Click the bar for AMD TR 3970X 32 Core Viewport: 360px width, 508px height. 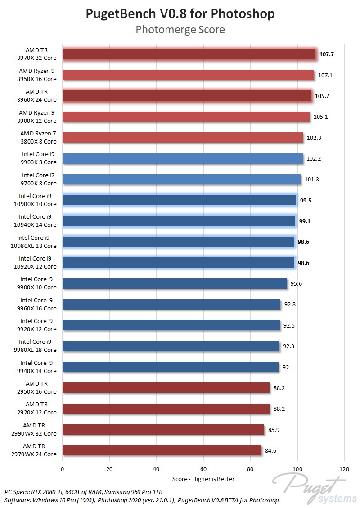189,54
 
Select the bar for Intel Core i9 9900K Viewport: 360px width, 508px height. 183,158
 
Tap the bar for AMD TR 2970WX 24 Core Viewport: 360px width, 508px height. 162,450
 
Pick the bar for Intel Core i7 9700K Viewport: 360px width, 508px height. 182,180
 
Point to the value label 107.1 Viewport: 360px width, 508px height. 325,75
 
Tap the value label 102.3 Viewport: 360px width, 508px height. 314,138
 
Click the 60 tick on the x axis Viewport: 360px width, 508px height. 203,468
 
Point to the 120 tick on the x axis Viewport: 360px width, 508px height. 344,468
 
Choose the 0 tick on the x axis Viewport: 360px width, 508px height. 63,468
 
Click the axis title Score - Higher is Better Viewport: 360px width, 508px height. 203,479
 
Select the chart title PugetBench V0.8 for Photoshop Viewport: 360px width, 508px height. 180,14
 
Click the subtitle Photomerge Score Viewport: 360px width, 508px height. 180,30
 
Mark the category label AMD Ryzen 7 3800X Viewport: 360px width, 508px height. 38,138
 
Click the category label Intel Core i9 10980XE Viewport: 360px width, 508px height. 37,242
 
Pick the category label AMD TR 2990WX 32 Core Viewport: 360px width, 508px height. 40,429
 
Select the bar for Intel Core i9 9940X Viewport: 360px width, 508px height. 171,367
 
